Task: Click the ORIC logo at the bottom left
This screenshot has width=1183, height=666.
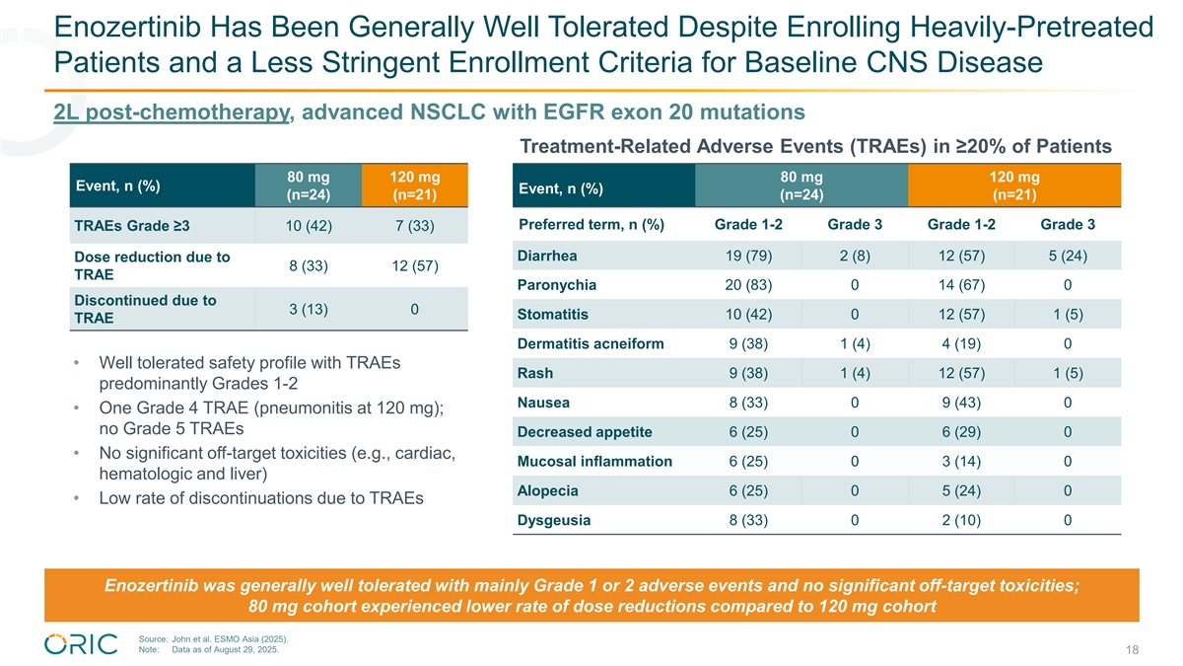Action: click(82, 644)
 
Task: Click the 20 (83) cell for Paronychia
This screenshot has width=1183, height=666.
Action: click(747, 285)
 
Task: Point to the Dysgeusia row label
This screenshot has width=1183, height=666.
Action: click(553, 521)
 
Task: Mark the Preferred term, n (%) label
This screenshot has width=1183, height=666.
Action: click(591, 225)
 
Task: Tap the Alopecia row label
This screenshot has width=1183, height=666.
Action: click(547, 491)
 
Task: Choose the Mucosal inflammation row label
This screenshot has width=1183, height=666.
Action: click(594, 462)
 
